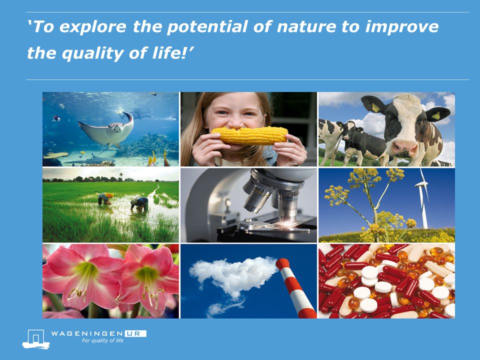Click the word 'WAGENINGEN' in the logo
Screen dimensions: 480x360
click(86, 333)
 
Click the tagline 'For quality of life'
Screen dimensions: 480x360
click(102, 340)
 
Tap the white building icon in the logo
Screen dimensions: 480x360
click(36, 339)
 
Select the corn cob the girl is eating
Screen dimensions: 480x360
click(250, 135)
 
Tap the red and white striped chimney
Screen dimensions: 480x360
click(295, 288)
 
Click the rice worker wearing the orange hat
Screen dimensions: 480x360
click(105, 198)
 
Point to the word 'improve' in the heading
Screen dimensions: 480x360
click(402, 27)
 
